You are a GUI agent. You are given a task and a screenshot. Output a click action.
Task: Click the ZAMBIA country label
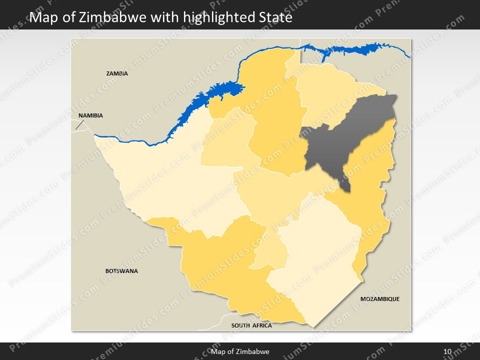point(117,73)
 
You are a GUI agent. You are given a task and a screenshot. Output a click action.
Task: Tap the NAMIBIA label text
point(90,115)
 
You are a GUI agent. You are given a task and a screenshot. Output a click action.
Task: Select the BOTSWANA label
point(121,271)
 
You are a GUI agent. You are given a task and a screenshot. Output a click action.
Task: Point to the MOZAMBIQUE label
point(380,299)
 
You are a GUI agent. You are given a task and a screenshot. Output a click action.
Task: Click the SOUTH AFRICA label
point(251,325)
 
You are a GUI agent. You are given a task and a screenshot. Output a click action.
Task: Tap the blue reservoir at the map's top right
point(350,50)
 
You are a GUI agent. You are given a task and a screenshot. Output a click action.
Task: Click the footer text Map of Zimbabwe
point(240,351)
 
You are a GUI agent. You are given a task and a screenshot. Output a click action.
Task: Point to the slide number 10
point(447,351)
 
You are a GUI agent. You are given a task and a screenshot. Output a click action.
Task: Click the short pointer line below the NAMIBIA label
point(78,124)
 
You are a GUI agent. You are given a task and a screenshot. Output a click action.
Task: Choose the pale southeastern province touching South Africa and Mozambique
point(320,260)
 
